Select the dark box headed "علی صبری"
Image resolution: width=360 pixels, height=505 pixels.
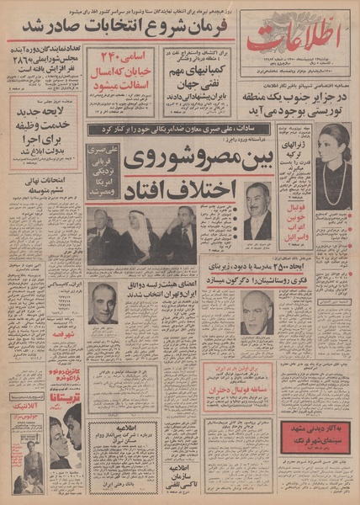pyautogui.click(x=103, y=173)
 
